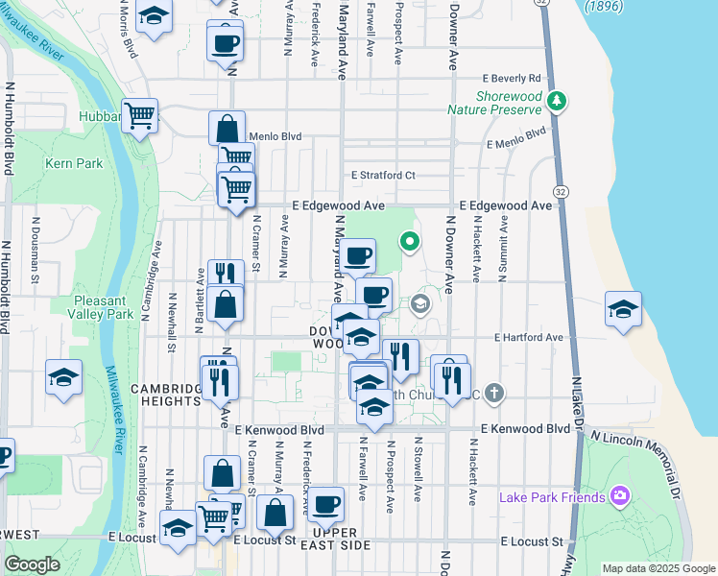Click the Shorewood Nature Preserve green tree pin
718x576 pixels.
tap(556, 100)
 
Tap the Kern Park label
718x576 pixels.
tap(74, 163)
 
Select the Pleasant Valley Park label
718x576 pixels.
tap(117, 307)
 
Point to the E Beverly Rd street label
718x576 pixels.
tap(513, 78)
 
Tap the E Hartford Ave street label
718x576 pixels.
tap(528, 338)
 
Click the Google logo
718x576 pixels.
tap(33, 564)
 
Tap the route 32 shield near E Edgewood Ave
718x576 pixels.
tap(561, 192)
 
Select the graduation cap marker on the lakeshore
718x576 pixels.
tap(623, 310)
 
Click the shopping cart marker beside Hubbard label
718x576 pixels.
tap(139, 116)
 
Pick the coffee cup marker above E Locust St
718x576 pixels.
tap(325, 502)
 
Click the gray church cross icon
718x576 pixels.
tap(493, 392)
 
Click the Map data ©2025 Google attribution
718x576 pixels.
tap(658, 568)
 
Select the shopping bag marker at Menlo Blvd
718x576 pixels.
tap(227, 128)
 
